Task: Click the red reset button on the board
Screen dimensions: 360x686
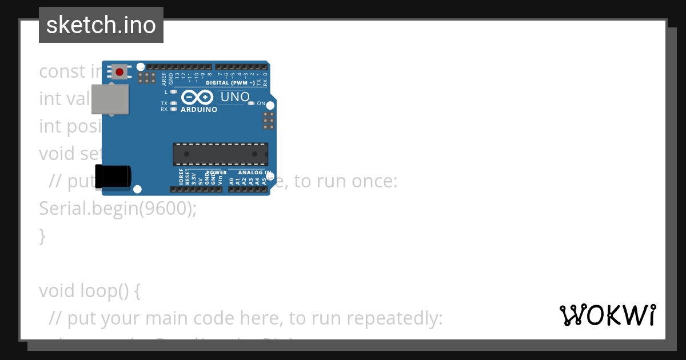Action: (119, 72)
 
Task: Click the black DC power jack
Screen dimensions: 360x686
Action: (113, 176)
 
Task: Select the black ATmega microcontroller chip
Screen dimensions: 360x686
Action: (220, 154)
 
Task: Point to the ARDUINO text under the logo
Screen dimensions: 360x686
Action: (199, 109)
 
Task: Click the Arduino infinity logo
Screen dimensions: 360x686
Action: (197, 98)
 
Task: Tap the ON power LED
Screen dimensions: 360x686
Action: (252, 103)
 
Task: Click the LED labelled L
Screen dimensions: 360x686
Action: (173, 91)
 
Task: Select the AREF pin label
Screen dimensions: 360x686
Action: (164, 78)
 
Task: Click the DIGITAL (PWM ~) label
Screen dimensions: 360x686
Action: (230, 83)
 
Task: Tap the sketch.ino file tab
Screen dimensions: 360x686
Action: (101, 25)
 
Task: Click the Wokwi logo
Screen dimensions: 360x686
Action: (607, 315)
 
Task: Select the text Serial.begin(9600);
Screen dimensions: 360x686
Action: (117, 209)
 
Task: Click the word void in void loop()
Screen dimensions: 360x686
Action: (56, 291)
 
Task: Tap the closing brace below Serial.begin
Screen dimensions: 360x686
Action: (42, 235)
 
